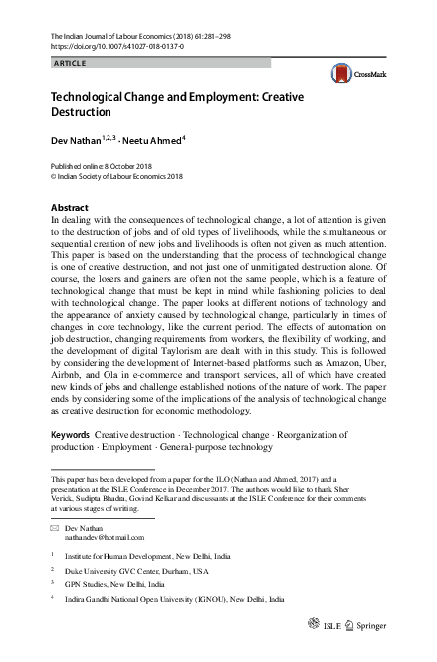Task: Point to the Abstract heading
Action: pyautogui.click(x=69, y=208)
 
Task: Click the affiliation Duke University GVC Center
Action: pyautogui.click(x=132, y=571)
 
